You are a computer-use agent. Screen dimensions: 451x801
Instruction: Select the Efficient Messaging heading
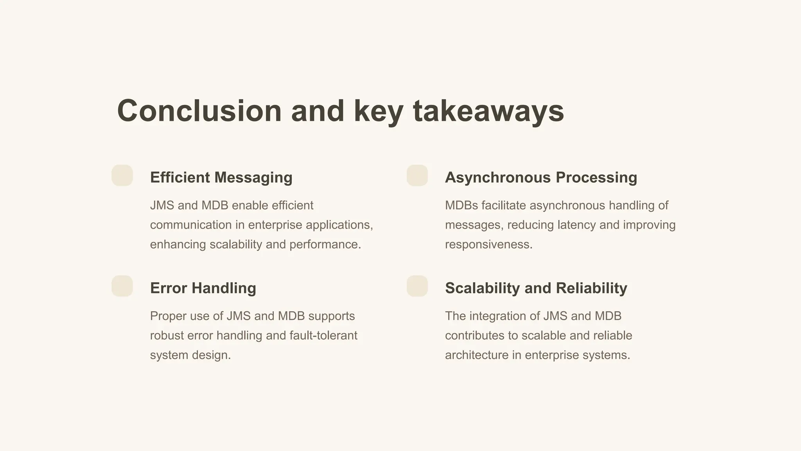coord(221,177)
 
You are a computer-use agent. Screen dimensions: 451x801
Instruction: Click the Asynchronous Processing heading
coord(541,177)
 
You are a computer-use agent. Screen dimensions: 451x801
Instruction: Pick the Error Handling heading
coord(203,288)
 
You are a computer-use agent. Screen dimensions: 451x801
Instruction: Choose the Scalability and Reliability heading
coord(536,288)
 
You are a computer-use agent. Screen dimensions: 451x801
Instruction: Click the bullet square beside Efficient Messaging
coord(122,175)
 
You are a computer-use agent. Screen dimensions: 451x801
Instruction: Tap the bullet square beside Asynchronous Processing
coord(417,175)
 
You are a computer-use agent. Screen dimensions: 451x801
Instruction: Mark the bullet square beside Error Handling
coord(122,286)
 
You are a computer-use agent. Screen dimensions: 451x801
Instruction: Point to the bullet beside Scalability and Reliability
coord(417,286)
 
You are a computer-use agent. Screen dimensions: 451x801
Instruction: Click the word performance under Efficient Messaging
coord(325,245)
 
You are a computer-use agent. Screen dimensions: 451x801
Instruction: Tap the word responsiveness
coord(489,245)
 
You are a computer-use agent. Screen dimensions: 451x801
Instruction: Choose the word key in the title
coord(378,111)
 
